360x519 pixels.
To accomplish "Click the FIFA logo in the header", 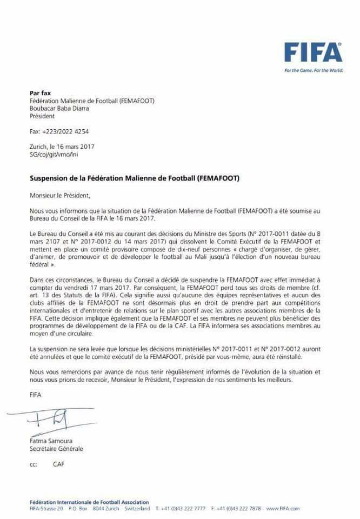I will pyautogui.click(x=314, y=52).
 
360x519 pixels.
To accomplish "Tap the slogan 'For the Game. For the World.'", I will pyautogui.click(x=314, y=70).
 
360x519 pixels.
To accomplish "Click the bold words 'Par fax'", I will pyautogui.click(x=40, y=92).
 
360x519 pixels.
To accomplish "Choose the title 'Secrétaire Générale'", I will pyautogui.click(x=57, y=449).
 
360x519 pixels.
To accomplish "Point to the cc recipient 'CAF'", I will pyautogui.click(x=58, y=464).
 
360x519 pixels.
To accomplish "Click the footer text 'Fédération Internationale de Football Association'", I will pyautogui.click(x=89, y=502).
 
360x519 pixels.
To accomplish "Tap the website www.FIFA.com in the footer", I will pyautogui.click(x=282, y=509).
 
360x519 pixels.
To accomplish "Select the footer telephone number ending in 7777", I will pyautogui.click(x=179, y=509).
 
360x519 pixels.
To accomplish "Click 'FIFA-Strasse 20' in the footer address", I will pyautogui.click(x=46, y=509).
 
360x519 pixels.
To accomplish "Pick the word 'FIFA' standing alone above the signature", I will pyautogui.click(x=35, y=395).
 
